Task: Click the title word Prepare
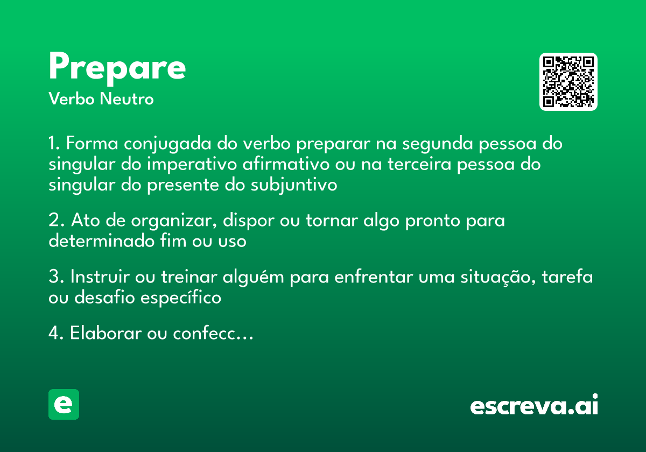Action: [117, 68]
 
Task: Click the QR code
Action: [568, 82]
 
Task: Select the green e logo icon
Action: [64, 404]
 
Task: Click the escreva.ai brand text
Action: [534, 406]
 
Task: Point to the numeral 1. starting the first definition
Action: [54, 144]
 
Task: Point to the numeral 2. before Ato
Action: [56, 221]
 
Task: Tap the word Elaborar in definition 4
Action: [106, 334]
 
